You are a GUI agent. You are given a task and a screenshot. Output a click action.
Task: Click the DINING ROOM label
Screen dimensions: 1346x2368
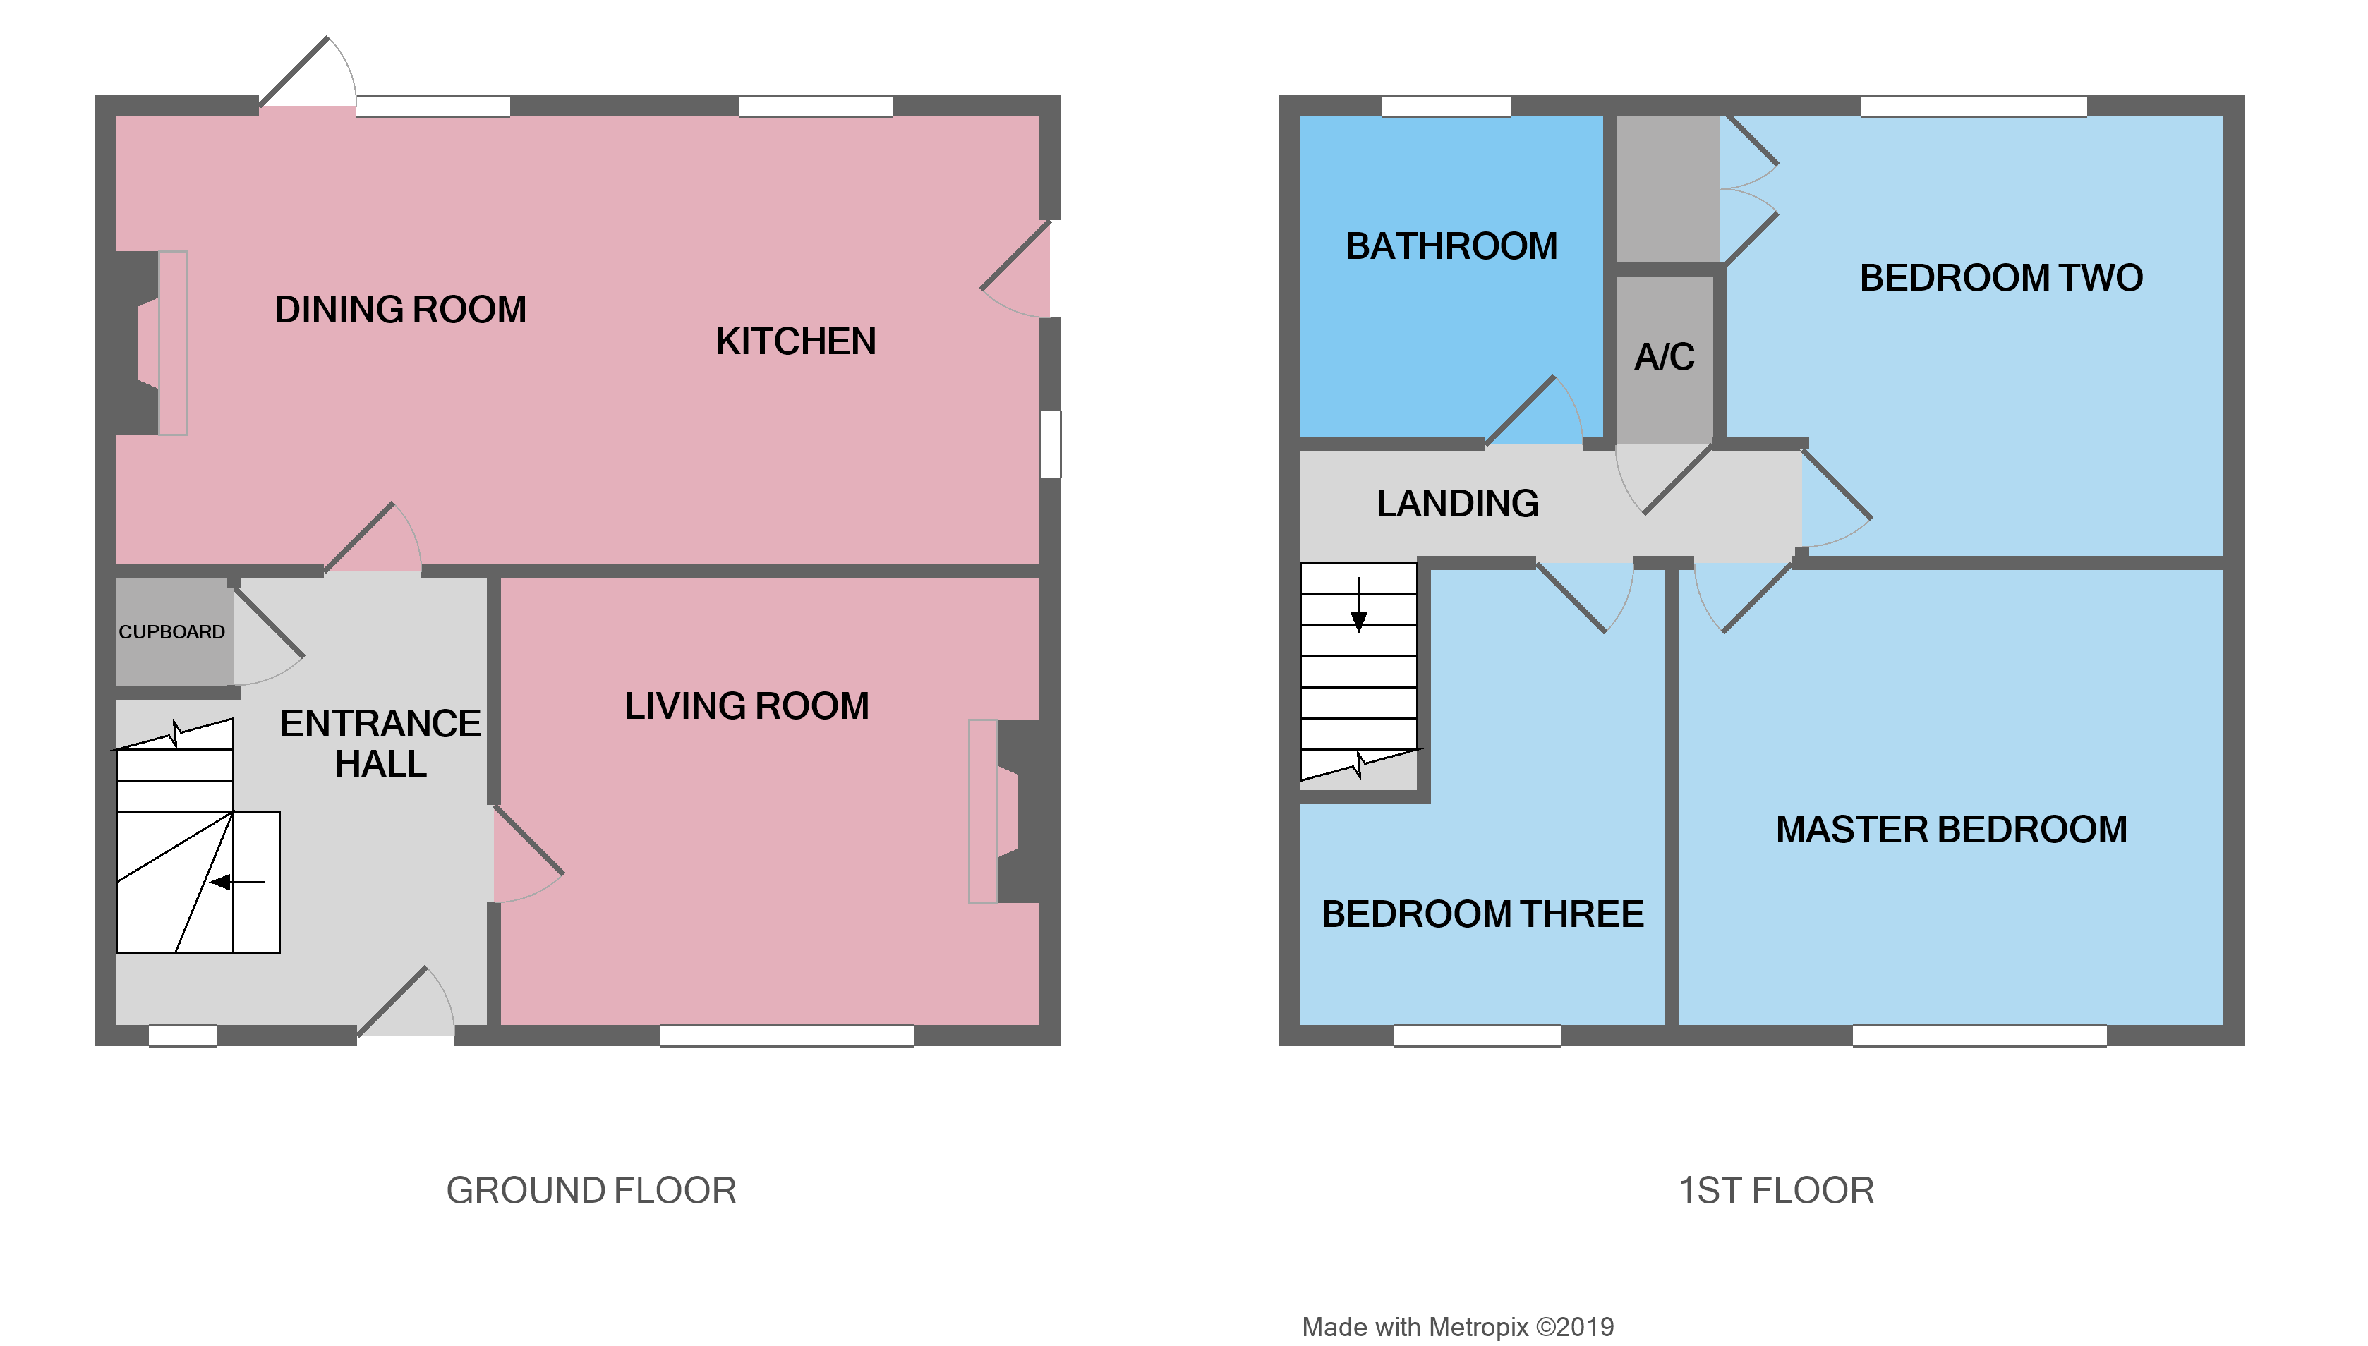[x=400, y=310]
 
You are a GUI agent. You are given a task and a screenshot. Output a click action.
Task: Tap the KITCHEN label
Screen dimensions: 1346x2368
[x=795, y=342]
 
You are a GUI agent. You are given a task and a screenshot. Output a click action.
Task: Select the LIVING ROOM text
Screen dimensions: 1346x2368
[x=747, y=706]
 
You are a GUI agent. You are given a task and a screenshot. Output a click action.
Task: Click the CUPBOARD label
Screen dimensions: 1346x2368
[x=172, y=632]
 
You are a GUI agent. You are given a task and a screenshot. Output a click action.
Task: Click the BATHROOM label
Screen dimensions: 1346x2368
[x=1451, y=247]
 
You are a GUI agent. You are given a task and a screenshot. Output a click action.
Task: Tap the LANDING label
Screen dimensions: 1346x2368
[x=1457, y=504]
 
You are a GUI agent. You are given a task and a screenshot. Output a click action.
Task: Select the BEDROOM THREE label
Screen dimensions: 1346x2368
[x=1482, y=914]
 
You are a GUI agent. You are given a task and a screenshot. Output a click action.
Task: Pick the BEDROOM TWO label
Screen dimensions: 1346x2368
[x=2001, y=278]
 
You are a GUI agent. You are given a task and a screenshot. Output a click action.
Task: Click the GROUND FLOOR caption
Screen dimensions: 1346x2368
[x=591, y=1191]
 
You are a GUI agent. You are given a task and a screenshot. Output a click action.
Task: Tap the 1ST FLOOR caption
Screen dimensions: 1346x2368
[x=1775, y=1191]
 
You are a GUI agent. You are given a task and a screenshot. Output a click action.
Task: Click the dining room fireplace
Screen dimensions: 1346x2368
[x=152, y=343]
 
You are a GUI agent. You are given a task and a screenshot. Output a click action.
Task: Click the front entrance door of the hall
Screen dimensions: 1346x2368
[x=405, y=1003]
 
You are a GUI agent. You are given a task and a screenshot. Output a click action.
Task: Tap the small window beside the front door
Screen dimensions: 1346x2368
[x=182, y=1036]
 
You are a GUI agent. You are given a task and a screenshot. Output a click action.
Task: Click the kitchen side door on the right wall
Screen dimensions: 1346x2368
[x=1017, y=268]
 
